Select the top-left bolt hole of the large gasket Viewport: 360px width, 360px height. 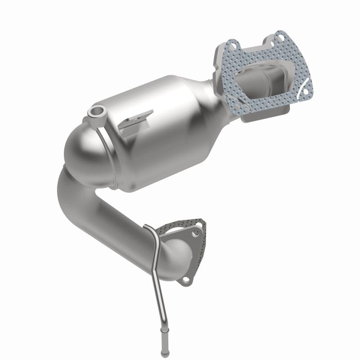[x=232, y=45]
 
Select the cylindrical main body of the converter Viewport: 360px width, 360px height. [x=162, y=135]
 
